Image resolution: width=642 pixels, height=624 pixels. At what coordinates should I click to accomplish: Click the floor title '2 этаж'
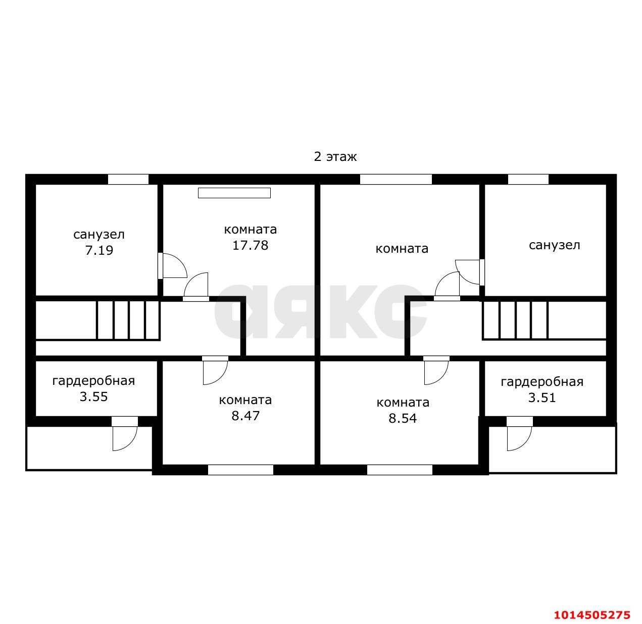(335, 157)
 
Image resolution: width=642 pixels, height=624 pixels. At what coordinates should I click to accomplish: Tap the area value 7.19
(99, 250)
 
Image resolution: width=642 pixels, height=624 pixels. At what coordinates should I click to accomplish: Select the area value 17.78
(250, 246)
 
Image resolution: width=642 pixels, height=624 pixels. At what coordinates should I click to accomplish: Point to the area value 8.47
(245, 416)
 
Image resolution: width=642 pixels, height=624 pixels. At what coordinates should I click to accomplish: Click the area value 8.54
(403, 418)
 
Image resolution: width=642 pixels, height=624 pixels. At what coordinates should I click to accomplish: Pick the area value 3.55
(94, 396)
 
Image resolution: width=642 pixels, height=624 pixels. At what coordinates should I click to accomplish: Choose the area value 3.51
(542, 398)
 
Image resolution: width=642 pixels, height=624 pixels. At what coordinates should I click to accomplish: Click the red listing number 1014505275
(592, 615)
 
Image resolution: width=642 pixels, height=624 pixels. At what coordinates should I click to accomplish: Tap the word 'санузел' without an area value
(554, 245)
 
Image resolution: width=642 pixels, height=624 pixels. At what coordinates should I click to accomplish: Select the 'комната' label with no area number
(402, 249)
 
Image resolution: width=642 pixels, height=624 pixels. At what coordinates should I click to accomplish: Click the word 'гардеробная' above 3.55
(94, 381)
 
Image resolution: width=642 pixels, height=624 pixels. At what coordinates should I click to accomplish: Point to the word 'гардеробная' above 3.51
(542, 382)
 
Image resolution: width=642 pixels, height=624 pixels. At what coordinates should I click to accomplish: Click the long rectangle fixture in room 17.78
(234, 193)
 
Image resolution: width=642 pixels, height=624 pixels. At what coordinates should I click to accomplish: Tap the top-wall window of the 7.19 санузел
(128, 179)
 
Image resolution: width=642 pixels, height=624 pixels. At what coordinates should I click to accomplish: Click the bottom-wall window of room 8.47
(240, 470)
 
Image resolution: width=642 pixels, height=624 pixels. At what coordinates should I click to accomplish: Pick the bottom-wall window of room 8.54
(400, 470)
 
